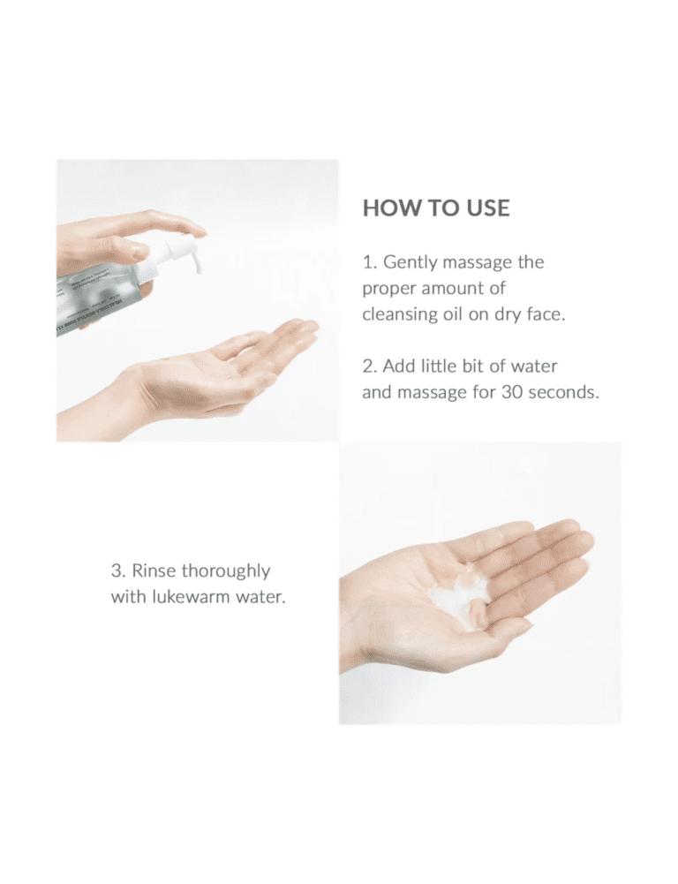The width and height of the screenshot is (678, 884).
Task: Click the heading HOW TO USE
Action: tap(436, 208)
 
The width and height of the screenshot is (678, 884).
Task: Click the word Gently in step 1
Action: tap(410, 263)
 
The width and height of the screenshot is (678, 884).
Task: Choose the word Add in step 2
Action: tap(399, 366)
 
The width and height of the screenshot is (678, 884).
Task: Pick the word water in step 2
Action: tap(534, 366)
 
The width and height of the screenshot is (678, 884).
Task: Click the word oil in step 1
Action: tap(452, 314)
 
